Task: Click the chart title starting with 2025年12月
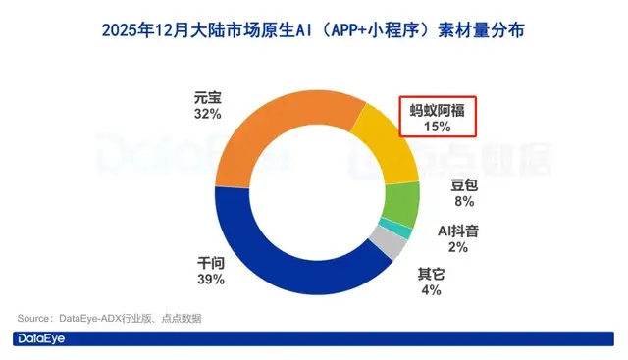(x=313, y=30)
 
